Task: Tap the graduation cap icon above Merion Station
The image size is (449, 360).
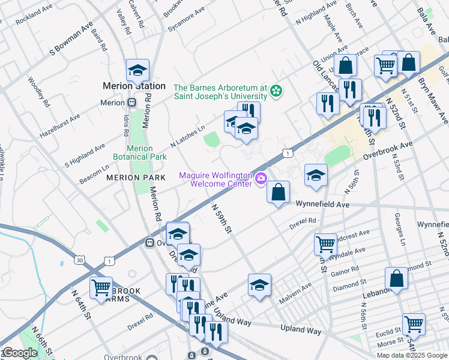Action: point(137,71)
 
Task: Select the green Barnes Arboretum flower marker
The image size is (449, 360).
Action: point(276,91)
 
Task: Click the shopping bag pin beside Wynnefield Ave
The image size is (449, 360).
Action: point(278,193)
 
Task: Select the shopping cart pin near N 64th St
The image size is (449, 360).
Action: point(101,287)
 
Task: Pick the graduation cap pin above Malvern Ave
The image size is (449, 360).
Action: point(259,285)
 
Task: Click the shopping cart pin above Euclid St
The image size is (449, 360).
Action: point(414,325)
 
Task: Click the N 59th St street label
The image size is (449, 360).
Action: point(221,218)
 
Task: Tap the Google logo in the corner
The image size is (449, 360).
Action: point(19,353)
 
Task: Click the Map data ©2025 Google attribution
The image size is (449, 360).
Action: point(412,355)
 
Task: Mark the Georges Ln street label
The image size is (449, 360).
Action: point(400,230)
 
